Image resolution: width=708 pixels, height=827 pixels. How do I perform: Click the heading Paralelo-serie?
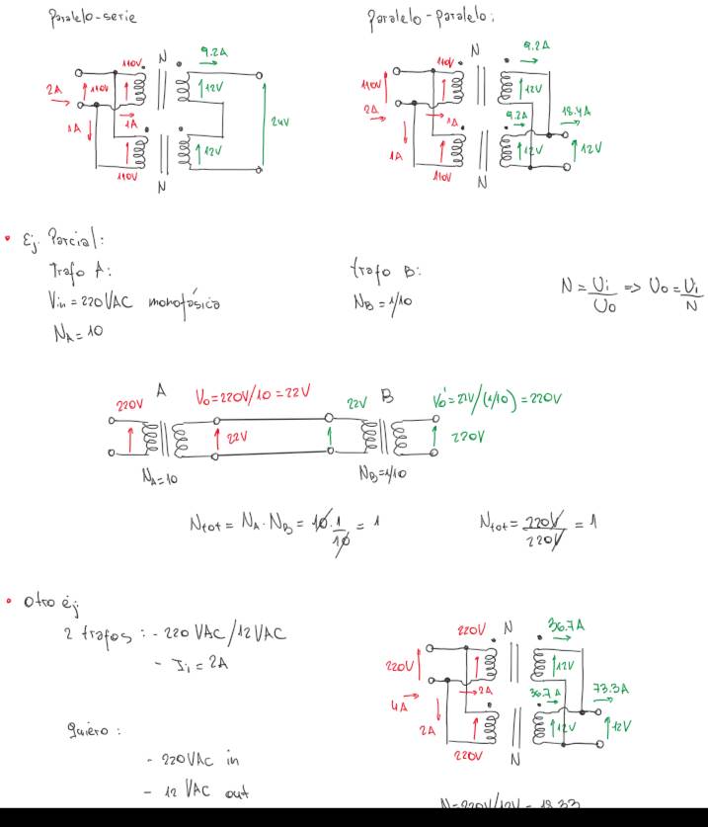coord(93,17)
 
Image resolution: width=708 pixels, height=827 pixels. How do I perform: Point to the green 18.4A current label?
coord(575,114)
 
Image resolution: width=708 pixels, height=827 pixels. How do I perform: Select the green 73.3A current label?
coord(606,689)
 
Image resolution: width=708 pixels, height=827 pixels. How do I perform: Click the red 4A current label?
coord(400,705)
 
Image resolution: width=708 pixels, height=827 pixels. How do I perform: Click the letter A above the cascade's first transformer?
coord(161,392)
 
